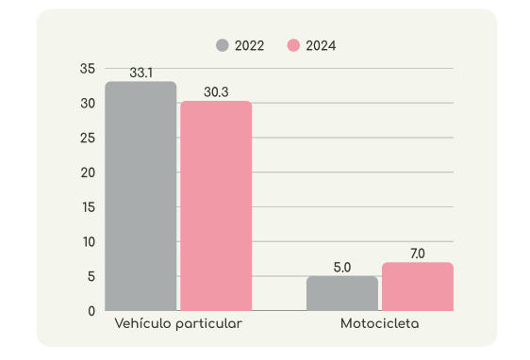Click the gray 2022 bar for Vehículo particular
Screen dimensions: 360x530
click(141, 196)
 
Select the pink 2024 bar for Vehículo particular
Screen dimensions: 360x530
click(216, 205)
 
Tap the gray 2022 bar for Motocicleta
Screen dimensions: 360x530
click(342, 293)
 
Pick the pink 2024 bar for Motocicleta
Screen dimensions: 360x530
click(418, 286)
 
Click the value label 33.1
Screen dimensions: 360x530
click(141, 73)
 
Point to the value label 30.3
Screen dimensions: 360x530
click(216, 91)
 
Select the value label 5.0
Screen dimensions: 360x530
click(342, 267)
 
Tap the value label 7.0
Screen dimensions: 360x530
click(418, 253)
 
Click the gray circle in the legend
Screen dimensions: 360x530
click(223, 45)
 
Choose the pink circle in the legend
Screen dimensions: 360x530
click(293, 45)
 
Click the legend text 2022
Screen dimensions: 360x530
click(250, 45)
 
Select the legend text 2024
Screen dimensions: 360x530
click(321, 45)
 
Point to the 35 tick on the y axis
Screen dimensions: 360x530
click(88, 69)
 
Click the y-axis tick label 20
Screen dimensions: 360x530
click(88, 172)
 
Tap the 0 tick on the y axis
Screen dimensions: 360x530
click(91, 311)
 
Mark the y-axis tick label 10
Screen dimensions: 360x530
click(88, 241)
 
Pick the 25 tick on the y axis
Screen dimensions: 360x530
click(88, 138)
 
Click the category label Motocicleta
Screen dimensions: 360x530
click(380, 324)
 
